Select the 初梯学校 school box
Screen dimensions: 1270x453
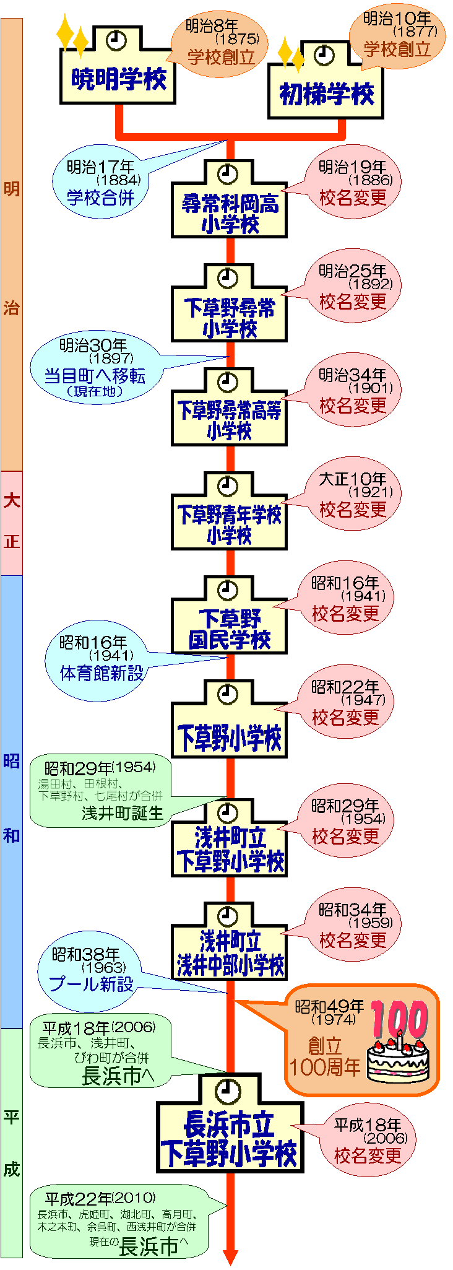[326, 93]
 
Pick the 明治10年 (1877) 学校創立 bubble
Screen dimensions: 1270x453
[397, 36]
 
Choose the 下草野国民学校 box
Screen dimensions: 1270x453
[230, 628]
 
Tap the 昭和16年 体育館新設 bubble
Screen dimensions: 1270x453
[97, 660]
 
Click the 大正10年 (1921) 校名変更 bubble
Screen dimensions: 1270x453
[352, 495]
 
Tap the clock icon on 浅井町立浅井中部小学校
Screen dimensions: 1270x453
[228, 915]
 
